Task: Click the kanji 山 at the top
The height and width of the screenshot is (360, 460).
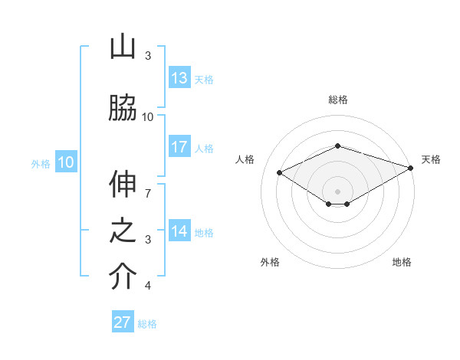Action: coord(123,47)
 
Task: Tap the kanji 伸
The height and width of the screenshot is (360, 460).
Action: coord(123,185)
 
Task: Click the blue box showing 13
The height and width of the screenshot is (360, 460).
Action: coord(179,78)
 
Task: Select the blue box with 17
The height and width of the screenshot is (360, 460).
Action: coord(179,147)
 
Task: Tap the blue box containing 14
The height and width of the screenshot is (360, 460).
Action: coord(179,231)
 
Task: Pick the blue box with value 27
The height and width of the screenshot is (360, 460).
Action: coord(123,322)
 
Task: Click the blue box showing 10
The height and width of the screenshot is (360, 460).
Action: coord(66,162)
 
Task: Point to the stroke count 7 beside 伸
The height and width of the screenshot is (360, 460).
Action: coord(148,185)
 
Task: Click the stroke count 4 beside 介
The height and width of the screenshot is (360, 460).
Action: coord(148,286)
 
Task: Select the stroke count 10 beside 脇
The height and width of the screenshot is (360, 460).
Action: coord(148,116)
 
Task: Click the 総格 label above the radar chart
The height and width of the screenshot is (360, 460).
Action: coord(337,100)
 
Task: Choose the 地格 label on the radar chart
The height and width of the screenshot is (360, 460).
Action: coord(402,263)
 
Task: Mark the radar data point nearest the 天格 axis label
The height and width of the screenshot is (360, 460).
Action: coord(412,167)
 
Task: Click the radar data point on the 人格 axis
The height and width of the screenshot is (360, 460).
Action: coord(280,172)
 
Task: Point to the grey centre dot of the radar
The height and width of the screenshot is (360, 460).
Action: coord(337,191)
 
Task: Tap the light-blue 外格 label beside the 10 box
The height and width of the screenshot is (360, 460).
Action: coord(41,163)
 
